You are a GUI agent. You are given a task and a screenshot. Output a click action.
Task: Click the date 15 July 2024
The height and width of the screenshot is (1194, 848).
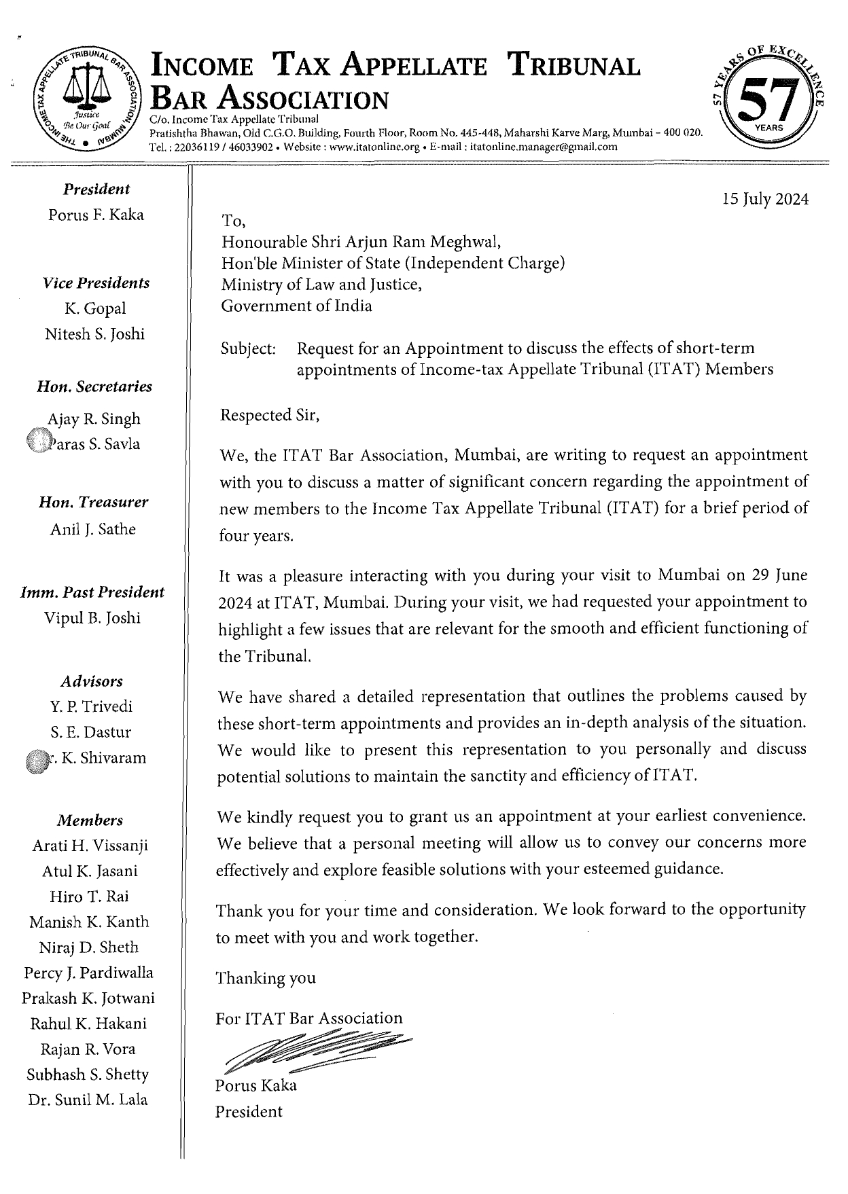pos(765,200)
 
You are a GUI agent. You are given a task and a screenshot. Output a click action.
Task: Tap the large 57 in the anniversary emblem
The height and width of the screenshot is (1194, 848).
pos(770,100)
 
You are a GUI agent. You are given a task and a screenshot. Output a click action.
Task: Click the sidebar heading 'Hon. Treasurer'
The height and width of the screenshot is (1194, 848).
pos(93,503)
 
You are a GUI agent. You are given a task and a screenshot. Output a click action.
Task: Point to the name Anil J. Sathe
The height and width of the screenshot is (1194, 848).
pos(93,529)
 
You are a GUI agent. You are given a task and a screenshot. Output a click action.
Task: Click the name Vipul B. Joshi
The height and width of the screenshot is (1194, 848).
pos(92,618)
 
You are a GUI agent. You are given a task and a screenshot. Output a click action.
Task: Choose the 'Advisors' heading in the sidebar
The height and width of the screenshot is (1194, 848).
pos(92,681)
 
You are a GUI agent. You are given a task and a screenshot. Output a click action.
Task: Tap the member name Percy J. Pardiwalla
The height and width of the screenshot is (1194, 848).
pos(88,973)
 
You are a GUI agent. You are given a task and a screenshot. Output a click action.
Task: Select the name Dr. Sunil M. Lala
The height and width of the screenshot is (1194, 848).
pos(88,1100)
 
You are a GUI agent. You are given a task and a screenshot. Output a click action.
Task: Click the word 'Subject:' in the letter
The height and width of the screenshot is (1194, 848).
pos(249,349)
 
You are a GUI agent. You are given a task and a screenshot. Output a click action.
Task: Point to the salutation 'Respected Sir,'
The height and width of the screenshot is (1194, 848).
pos(270,416)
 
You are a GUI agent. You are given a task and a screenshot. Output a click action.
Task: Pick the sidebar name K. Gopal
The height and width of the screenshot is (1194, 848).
pos(95,309)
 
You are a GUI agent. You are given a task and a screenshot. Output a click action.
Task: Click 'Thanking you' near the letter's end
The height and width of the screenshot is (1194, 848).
pos(266,979)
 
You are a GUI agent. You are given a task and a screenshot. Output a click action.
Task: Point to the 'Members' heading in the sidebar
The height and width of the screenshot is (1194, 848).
pos(90,820)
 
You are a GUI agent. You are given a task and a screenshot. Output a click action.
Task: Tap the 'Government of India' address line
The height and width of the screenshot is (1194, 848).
pos(296,306)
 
